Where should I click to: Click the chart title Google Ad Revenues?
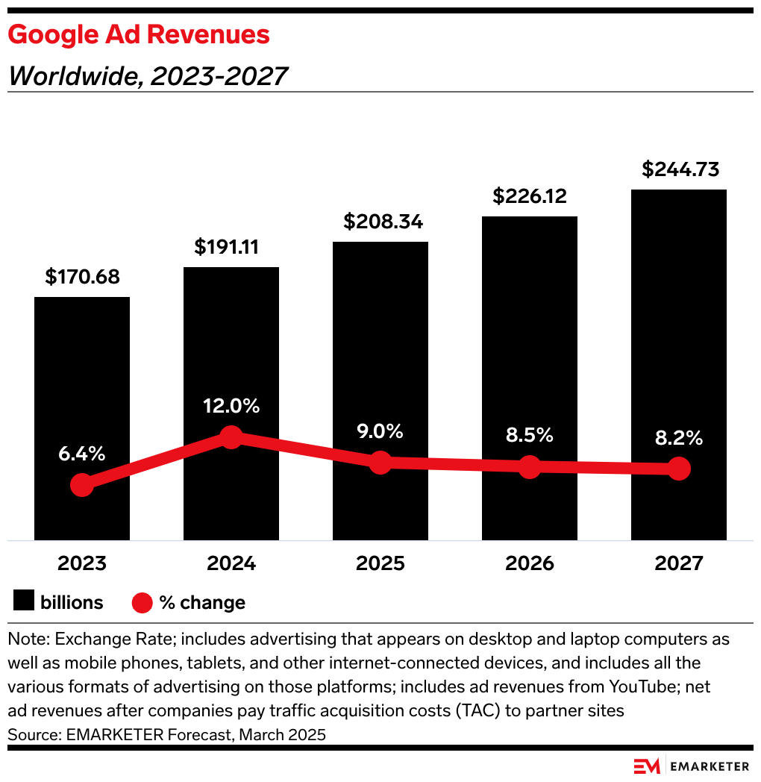pos(139,34)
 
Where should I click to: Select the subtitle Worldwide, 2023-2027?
pos(148,75)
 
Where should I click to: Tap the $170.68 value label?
pos(82,278)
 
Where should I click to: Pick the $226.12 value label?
pos(530,196)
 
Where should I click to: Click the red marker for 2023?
pos(81,485)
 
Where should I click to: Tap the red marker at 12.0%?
pos(231,437)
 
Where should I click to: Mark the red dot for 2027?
pos(678,469)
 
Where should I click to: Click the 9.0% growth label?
pos(380,431)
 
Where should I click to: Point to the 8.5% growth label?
pos(529,436)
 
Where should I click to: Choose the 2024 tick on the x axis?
pos(231,563)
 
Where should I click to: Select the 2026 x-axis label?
pos(530,563)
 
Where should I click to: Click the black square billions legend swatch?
pos(25,602)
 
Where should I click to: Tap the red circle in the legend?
pos(143,602)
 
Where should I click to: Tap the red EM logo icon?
pos(647,766)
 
